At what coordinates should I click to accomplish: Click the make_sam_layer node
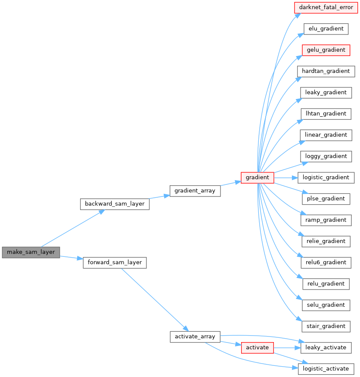31,252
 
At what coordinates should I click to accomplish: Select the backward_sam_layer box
115,204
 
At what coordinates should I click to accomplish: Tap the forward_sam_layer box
115,262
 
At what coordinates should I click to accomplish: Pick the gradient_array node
195,190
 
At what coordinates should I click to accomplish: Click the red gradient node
257,178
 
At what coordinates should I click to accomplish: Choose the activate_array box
195,336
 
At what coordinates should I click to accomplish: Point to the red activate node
257,347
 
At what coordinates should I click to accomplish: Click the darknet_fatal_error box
326,8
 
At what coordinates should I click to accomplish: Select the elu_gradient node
326,29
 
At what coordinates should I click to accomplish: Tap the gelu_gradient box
326,50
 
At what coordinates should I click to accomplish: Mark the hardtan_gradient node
326,71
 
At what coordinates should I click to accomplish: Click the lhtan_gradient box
326,114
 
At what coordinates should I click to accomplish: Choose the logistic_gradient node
326,178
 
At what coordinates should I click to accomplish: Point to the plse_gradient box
326,199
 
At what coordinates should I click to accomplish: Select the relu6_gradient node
326,262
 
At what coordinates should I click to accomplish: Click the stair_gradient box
326,326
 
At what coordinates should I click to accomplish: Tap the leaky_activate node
326,347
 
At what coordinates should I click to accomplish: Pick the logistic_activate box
326,369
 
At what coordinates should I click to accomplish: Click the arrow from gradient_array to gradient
231,183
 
